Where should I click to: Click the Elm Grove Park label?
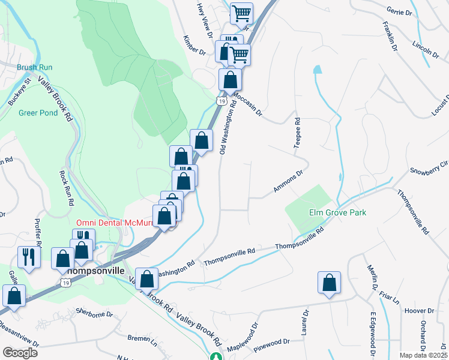coord(337,213)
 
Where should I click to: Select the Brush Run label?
coord(31,68)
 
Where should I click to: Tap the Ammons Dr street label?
coord(289,181)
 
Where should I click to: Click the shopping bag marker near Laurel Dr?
coord(330,284)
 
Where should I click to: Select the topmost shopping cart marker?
coord(241,13)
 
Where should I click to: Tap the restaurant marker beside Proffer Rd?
coord(29,257)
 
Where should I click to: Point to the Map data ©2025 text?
coord(423,355)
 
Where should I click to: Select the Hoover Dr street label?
coord(419,311)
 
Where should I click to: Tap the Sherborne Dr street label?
coord(95,313)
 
